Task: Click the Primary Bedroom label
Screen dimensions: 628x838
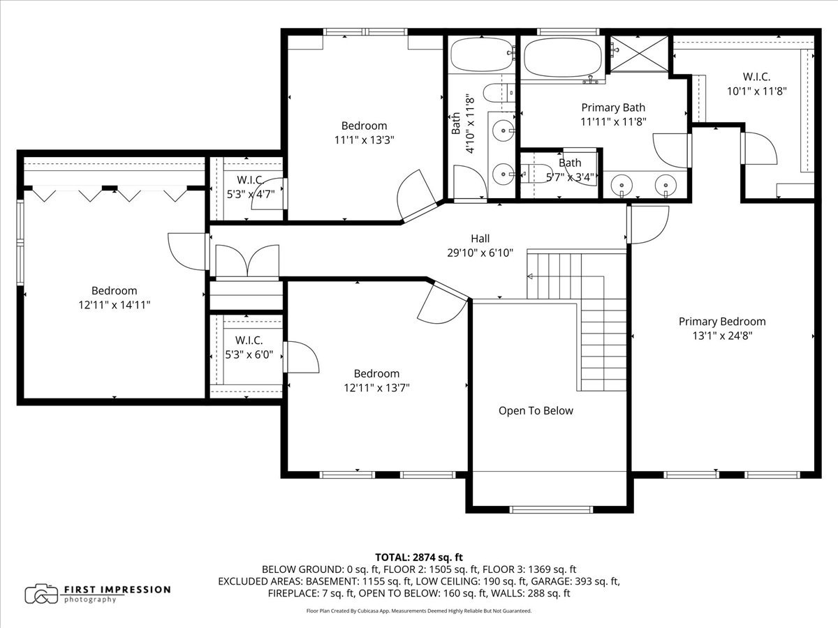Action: click(722, 322)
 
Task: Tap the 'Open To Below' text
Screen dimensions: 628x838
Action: click(536, 410)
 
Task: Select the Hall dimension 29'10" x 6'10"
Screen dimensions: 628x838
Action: click(480, 253)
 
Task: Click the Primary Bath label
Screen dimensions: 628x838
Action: click(613, 107)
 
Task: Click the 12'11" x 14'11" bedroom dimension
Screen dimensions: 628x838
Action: click(114, 304)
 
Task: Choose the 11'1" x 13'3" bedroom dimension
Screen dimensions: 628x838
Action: click(364, 139)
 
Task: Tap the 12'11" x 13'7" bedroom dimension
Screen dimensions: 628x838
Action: click(376, 387)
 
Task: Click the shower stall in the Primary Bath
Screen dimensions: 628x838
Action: click(638, 53)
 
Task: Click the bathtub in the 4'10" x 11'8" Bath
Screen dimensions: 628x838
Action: click(480, 54)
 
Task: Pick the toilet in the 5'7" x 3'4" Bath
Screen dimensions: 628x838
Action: click(531, 173)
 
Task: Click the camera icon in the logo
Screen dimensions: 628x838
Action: click(41, 594)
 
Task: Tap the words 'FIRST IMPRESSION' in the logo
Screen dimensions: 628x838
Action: click(117, 589)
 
